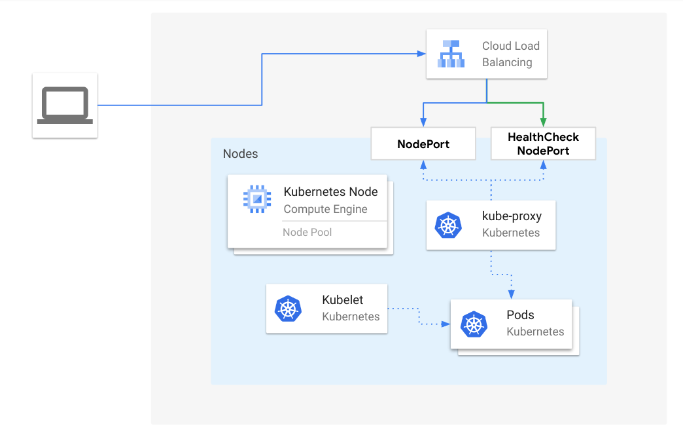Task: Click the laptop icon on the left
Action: point(65,105)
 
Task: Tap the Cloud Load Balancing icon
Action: point(451,54)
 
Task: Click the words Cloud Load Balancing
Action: point(510,54)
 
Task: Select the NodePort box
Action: point(423,144)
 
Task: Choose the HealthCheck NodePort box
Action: point(543,144)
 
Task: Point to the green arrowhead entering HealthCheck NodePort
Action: point(543,123)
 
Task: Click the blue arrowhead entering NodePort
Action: point(423,123)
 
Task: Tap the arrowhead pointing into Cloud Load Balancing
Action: point(421,54)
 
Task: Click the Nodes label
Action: point(240,154)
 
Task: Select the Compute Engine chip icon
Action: point(256,199)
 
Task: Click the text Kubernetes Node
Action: point(330,192)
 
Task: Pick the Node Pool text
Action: point(307,232)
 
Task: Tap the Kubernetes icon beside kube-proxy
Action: point(448,225)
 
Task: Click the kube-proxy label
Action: point(512,216)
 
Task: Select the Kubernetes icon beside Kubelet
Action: point(288,309)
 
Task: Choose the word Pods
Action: point(520,315)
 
